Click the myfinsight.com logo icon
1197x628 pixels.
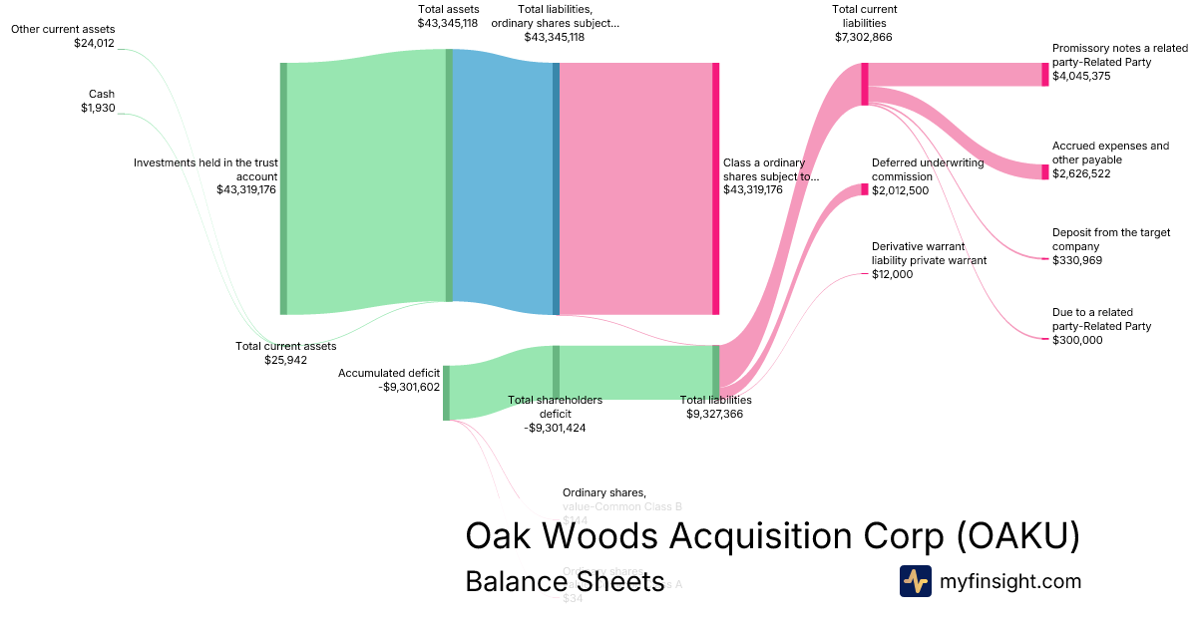click(915, 581)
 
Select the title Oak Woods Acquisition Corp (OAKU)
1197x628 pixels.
click(772, 536)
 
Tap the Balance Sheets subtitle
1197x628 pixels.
click(565, 581)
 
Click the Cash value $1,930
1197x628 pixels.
click(98, 108)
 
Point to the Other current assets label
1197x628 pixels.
click(63, 30)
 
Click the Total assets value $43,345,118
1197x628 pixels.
click(448, 23)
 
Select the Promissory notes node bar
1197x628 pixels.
click(1044, 75)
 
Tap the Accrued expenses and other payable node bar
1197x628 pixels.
click(1044, 172)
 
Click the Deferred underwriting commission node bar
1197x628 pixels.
click(865, 189)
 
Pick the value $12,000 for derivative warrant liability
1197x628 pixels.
click(892, 274)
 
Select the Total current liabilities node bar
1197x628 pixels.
click(865, 84)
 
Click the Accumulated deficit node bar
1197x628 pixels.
click(446, 393)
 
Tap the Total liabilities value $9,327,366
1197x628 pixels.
click(714, 414)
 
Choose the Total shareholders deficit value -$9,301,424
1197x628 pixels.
click(555, 428)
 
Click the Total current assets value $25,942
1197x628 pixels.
click(285, 360)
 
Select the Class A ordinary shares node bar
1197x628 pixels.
click(715, 188)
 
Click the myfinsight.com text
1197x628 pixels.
click(1009, 581)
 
